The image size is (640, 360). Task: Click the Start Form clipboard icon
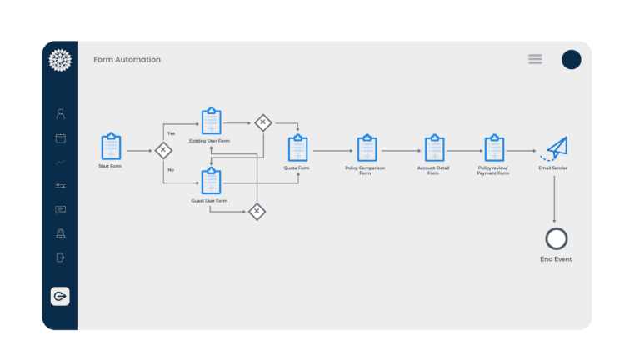coord(111,146)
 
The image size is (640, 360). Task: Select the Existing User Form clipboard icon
coord(212,121)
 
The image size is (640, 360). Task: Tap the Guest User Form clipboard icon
coord(212,181)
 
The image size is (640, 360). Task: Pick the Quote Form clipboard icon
coord(298,147)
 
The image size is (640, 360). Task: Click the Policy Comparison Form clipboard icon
coord(367,147)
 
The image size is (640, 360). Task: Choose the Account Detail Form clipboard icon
coord(435,147)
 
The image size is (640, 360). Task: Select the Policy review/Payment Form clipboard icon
coord(495,147)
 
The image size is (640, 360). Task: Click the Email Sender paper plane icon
coord(555,148)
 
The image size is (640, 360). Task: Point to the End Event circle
coord(557,228)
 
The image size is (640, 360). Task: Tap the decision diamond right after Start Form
coord(163,150)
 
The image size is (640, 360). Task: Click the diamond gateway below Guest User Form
coord(257,212)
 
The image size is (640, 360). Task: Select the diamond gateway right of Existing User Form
coord(263,122)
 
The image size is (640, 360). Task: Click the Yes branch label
coord(171,133)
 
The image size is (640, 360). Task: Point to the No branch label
coord(171,170)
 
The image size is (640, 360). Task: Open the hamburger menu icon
coord(535,60)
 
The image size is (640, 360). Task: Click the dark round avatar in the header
coord(572,60)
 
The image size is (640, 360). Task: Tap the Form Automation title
coord(127,60)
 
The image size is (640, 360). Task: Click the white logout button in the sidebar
coord(60,296)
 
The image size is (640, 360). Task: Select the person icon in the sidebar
coord(60,114)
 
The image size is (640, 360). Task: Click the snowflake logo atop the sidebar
coord(60,60)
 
